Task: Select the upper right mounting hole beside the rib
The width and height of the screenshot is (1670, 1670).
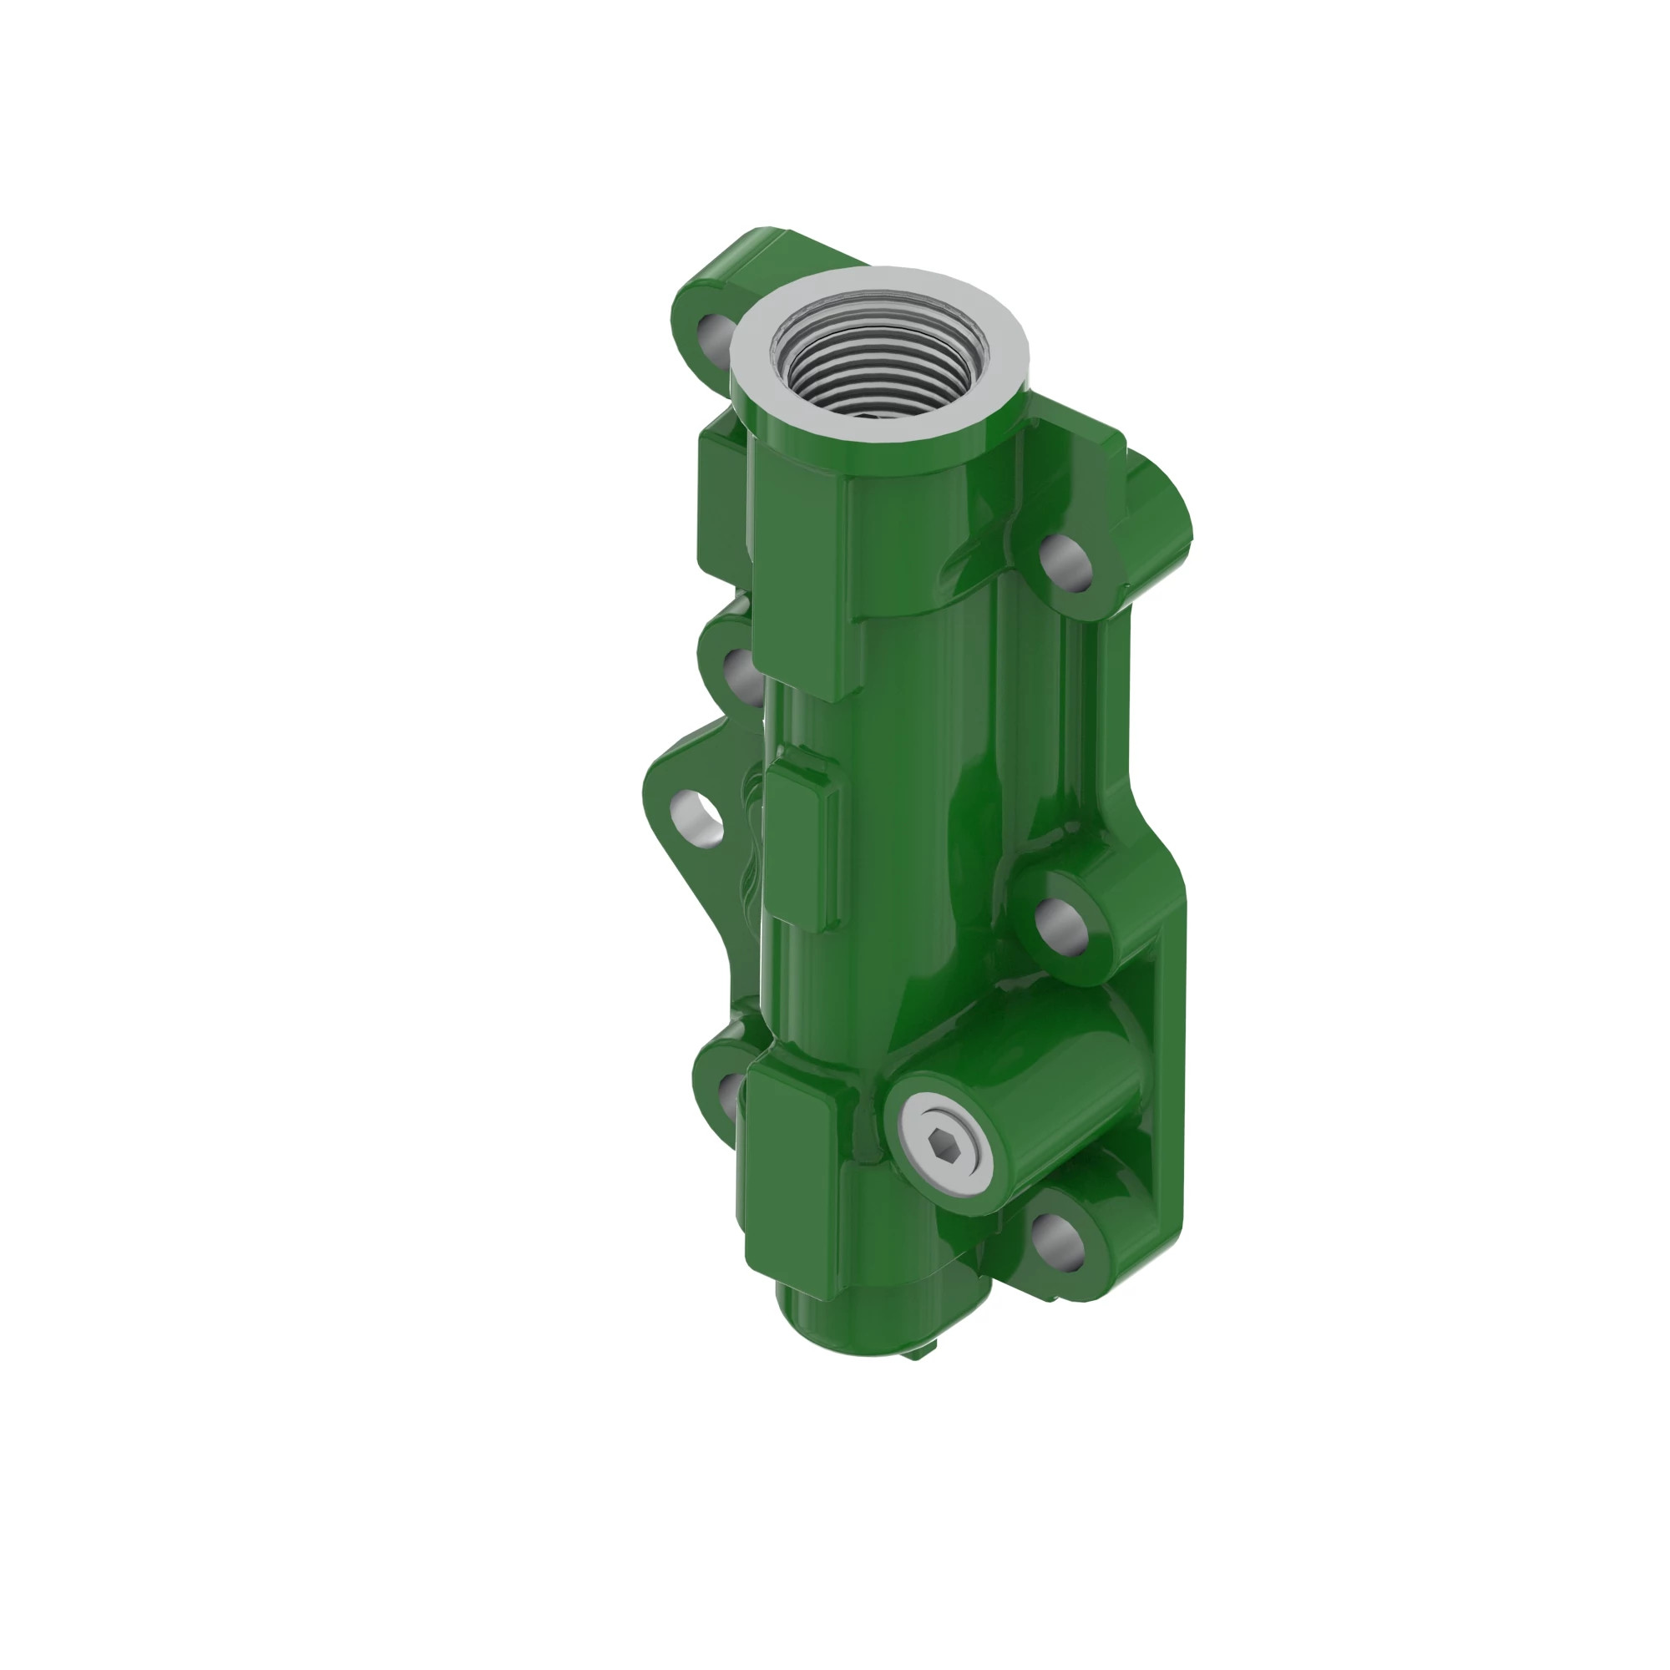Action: tap(1065, 562)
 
